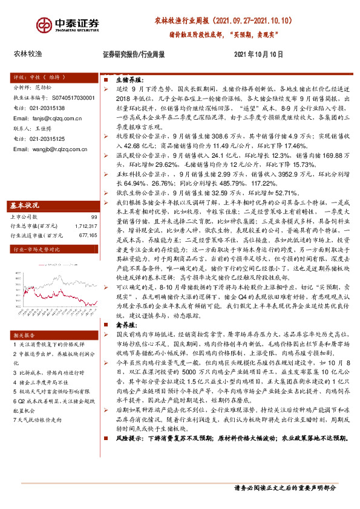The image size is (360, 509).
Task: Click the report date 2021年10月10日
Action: tap(258, 54)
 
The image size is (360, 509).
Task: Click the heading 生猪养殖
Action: tap(128, 79)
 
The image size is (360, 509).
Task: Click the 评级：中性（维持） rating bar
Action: tap(36, 78)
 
